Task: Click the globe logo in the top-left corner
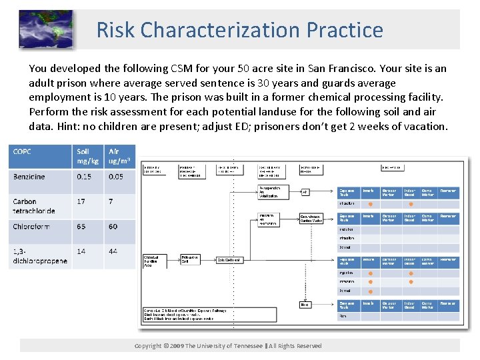45,29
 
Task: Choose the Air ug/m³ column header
119,157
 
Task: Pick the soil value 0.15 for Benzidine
84,177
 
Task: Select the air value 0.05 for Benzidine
116,177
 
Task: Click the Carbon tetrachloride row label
34,206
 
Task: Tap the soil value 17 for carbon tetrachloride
81,201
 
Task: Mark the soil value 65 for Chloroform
81,227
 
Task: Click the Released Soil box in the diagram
192,259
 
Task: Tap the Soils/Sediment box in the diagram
229,259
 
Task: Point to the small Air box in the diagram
305,192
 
